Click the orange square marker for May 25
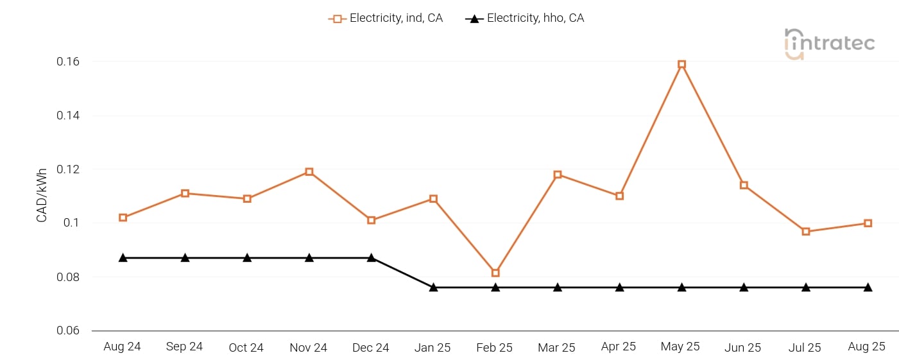click(x=681, y=64)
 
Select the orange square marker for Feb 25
click(x=495, y=273)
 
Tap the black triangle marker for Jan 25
click(x=433, y=287)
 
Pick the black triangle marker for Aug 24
click(x=123, y=257)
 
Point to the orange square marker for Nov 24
click(x=309, y=172)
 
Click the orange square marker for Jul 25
click(x=806, y=231)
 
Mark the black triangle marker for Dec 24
click(x=371, y=257)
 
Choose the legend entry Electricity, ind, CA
click(x=386, y=19)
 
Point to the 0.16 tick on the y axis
click(x=67, y=62)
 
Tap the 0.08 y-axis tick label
click(x=67, y=277)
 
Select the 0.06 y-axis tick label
click(x=67, y=331)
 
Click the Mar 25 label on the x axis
click(x=556, y=347)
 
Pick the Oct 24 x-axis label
click(x=246, y=348)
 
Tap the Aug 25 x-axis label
click(x=866, y=347)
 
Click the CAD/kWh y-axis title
click(x=42, y=195)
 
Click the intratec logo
click(x=829, y=44)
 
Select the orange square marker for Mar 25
click(x=558, y=175)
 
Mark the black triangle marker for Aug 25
click(x=868, y=287)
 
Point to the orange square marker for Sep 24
click(x=185, y=193)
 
